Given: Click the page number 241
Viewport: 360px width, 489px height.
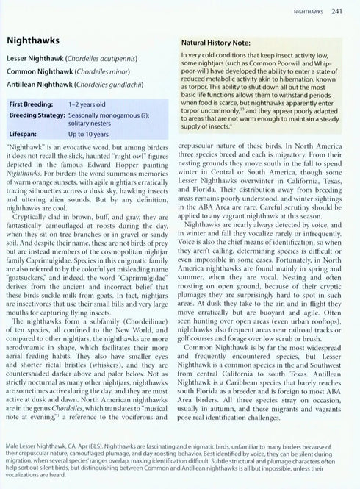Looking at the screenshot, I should coord(336,11).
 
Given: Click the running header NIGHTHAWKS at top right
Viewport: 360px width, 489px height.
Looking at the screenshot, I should coord(308,11).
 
